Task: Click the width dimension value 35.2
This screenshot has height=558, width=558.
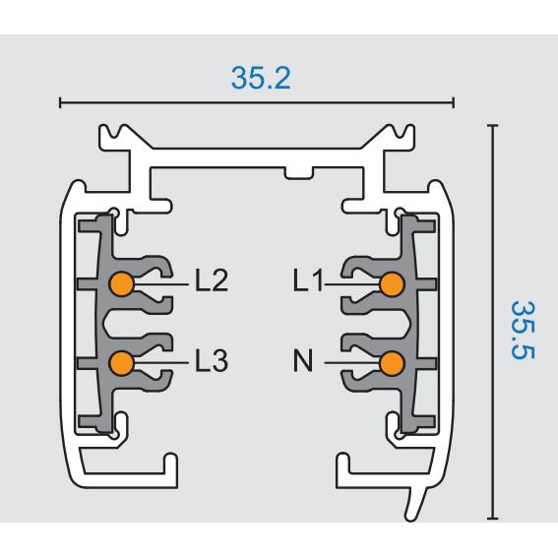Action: click(x=261, y=78)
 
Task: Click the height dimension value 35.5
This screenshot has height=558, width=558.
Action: click(x=523, y=331)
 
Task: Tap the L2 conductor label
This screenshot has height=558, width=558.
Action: click(x=212, y=280)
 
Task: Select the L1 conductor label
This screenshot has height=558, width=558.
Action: click(x=308, y=280)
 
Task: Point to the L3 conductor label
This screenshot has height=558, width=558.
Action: click(x=212, y=360)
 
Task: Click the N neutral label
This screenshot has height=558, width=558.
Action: click(x=303, y=360)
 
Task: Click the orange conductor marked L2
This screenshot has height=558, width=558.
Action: click(x=121, y=284)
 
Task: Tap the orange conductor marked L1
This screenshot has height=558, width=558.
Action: click(x=392, y=284)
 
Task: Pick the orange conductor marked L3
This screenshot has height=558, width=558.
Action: click(x=121, y=363)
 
